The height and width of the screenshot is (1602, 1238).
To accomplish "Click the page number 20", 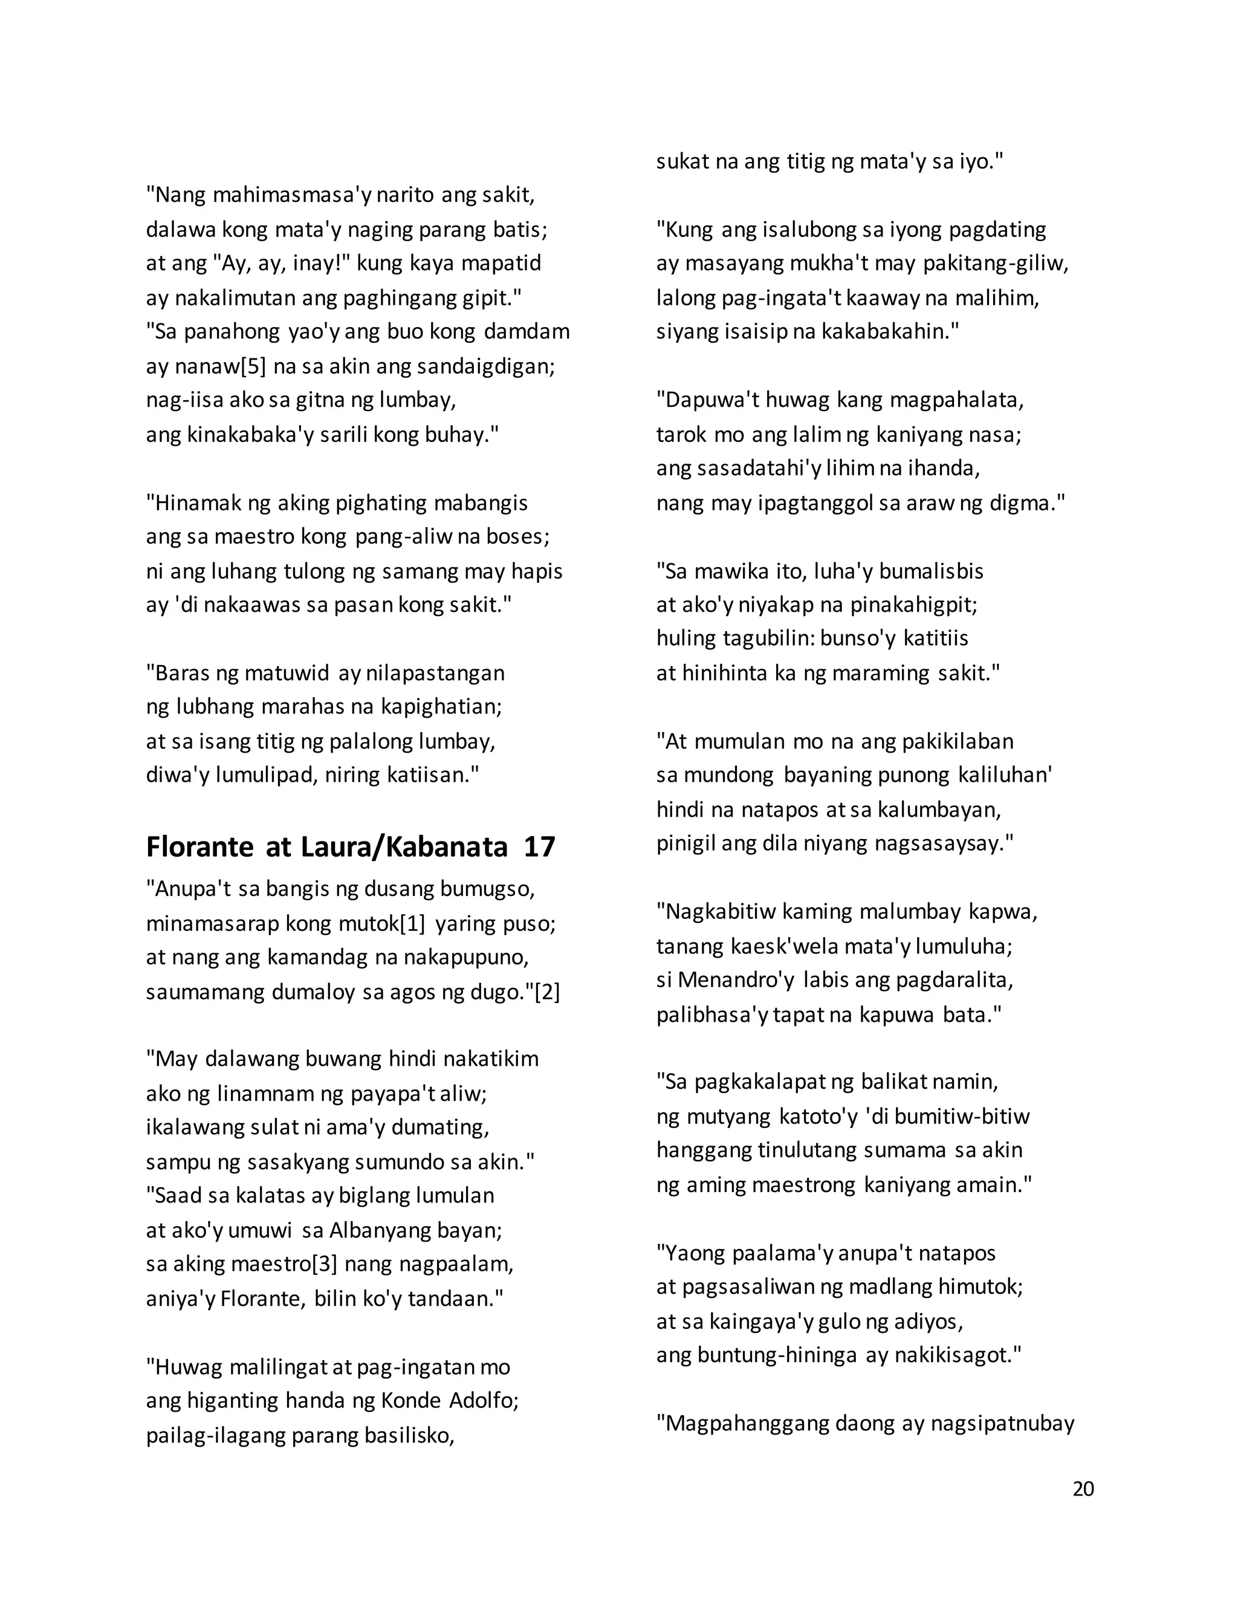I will click(x=1083, y=1488).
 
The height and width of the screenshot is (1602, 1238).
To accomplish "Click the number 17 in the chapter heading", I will click(x=539, y=847).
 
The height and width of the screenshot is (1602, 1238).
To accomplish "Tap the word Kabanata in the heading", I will click(x=447, y=847).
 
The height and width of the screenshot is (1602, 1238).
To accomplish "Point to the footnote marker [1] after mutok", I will click(x=412, y=924).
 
